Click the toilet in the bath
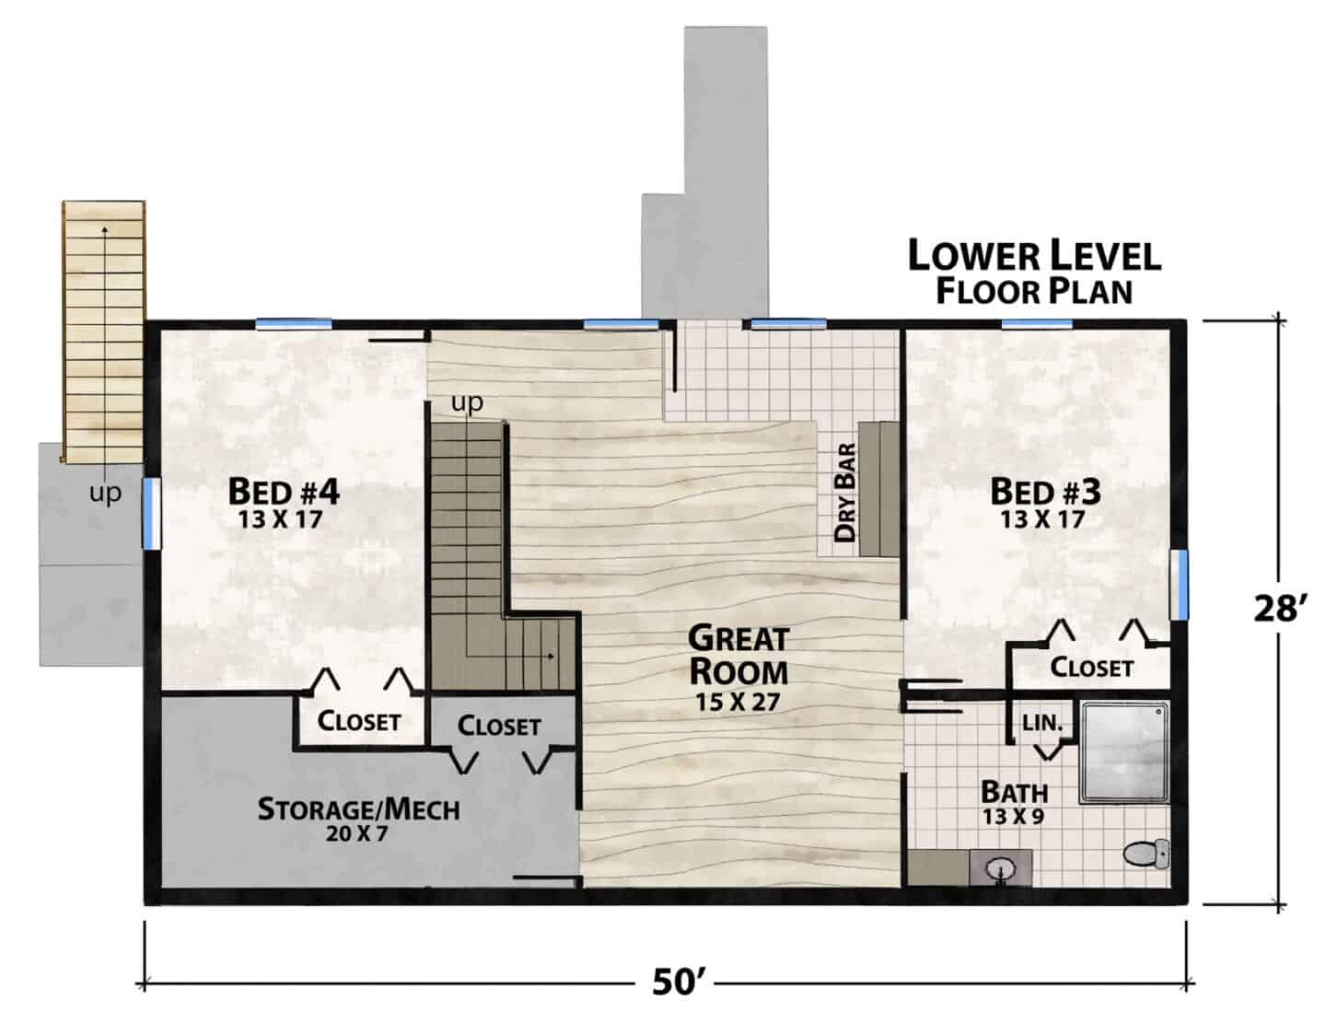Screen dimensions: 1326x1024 1146,853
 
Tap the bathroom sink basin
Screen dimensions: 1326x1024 1000,867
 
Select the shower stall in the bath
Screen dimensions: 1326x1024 1124,751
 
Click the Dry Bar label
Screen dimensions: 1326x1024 845,493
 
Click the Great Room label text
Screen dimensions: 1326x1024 739,656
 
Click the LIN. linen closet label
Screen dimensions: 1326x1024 1043,723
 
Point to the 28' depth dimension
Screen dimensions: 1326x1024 1280,609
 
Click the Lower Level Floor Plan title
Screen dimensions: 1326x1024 1035,273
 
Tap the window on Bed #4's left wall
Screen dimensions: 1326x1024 152,514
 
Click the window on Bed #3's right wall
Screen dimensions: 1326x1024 1179,585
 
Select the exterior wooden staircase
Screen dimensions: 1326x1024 104,332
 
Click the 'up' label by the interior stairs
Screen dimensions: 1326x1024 468,403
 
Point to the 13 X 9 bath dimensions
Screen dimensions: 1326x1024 1014,816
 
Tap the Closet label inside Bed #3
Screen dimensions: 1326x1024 1092,668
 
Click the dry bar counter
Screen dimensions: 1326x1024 879,488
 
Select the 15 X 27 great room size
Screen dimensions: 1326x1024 738,702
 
